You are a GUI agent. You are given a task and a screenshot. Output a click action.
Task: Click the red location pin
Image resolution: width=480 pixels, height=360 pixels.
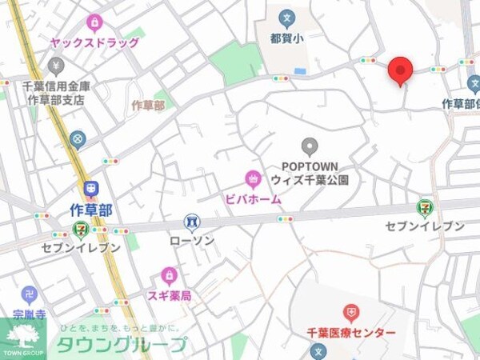pos(400,70)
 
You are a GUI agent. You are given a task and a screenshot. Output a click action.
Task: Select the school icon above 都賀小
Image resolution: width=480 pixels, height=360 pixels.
pos(286,17)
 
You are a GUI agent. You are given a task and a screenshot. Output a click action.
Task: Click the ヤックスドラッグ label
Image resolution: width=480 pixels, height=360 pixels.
pos(94,42)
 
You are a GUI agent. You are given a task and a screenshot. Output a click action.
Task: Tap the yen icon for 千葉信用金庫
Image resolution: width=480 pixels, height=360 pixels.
pos(55,65)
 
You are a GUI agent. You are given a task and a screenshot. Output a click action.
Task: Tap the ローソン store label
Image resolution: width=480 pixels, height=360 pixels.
pos(191,240)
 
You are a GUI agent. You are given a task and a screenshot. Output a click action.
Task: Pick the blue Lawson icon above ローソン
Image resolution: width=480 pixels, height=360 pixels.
pos(191,221)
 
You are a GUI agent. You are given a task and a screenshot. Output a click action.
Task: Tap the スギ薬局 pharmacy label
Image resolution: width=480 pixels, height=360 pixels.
pos(169,296)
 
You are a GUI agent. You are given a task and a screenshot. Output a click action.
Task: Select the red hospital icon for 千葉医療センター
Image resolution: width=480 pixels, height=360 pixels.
pos(350,312)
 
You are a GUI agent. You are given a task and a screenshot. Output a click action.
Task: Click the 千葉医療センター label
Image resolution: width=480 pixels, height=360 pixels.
pos(350,332)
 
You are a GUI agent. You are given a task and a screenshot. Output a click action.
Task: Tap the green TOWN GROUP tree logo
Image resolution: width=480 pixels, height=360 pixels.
pos(23,335)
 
